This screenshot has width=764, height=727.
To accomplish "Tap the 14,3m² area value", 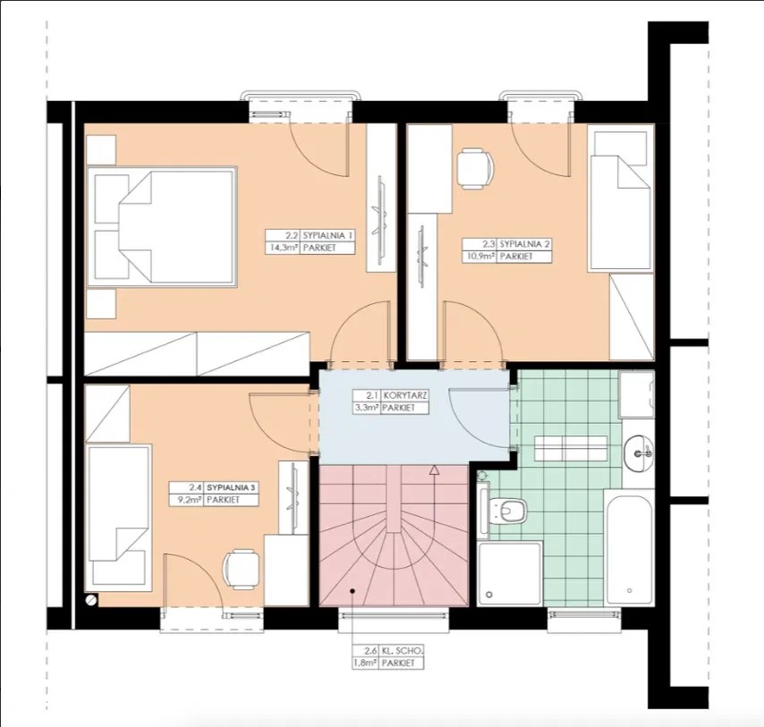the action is tap(282, 248).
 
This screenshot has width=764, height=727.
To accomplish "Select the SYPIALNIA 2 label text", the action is tap(525, 244).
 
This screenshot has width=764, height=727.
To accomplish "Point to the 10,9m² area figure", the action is tap(480, 257).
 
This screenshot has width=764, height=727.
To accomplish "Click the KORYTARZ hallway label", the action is tap(405, 395).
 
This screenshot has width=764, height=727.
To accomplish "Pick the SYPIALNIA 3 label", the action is tap(231, 487).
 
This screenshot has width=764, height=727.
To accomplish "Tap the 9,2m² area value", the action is tap(189, 500).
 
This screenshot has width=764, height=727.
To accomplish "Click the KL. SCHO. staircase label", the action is tap(402, 651).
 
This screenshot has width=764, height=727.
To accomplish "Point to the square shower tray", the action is tap(510, 575).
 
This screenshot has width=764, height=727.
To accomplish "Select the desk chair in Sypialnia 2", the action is tap(474, 168).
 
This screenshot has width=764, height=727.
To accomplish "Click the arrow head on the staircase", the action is tap(434, 469).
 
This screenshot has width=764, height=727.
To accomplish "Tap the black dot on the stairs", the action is tap(352, 591).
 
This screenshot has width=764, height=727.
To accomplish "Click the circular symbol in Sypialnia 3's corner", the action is tap(91, 599).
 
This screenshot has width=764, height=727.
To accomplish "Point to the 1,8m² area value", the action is tap(366, 664).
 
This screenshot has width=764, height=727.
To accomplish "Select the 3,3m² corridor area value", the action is tap(368, 408).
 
